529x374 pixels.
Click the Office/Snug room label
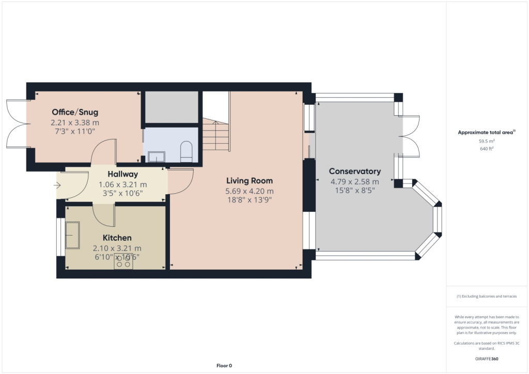(x=75, y=112)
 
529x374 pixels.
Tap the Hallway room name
(x=123, y=175)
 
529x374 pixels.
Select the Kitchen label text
(x=117, y=238)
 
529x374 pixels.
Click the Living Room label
(x=250, y=181)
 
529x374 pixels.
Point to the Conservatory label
(x=355, y=172)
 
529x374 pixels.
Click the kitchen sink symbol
(x=72, y=235)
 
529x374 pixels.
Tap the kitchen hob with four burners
(x=123, y=261)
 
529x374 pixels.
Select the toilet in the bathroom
(x=186, y=153)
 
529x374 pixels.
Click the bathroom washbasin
(x=157, y=157)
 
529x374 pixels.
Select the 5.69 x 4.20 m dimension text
(x=250, y=191)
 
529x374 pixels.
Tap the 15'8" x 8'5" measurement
(x=355, y=190)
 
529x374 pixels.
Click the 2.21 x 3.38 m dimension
(x=75, y=122)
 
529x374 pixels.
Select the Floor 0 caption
(x=224, y=366)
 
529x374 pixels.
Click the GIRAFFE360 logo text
(x=487, y=359)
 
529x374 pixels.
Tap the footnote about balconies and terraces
(x=487, y=297)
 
